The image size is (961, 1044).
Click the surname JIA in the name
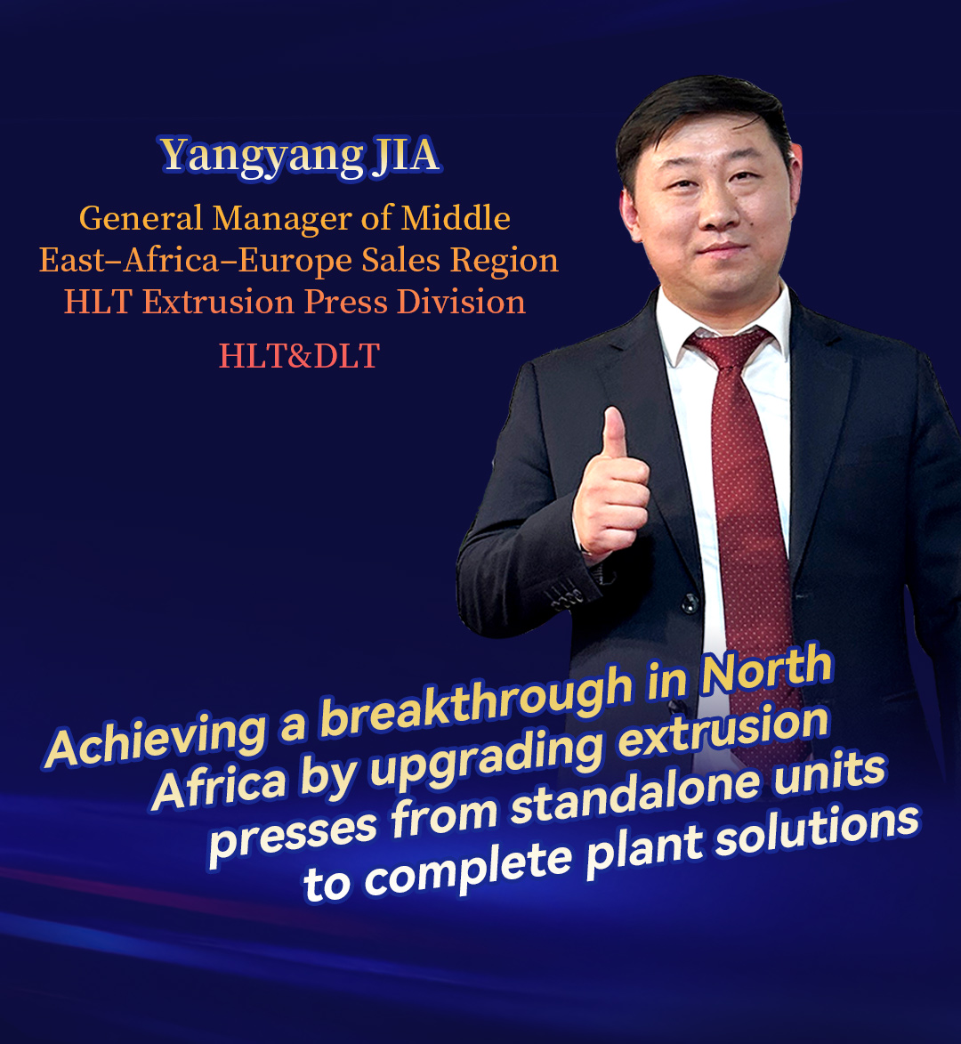click(406, 155)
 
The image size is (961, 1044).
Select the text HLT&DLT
click(300, 355)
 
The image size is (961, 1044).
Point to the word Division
click(461, 303)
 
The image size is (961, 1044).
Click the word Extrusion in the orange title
click(218, 303)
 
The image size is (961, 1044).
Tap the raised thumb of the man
click(614, 433)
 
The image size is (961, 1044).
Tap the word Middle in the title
click(456, 218)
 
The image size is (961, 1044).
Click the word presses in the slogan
click(293, 837)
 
